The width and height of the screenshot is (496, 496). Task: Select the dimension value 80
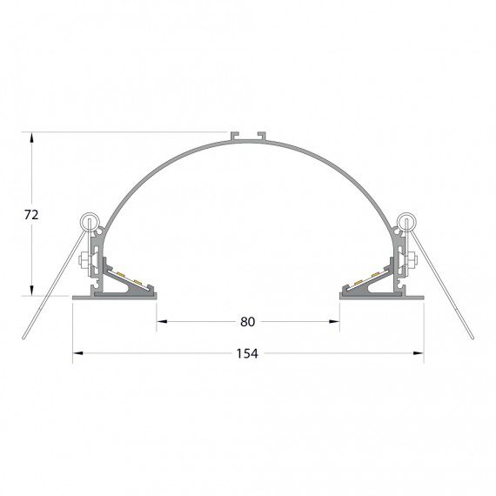(247, 322)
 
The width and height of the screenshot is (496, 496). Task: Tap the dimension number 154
(247, 353)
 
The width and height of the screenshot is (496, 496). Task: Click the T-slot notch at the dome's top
(247, 137)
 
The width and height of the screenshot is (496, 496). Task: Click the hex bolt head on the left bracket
(84, 259)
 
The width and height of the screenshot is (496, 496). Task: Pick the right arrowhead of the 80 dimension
(335, 322)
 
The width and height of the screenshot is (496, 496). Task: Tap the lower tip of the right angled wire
(471, 338)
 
